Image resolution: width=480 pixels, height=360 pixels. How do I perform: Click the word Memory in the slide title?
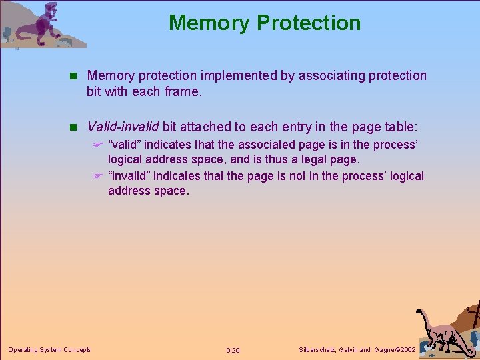click(209, 23)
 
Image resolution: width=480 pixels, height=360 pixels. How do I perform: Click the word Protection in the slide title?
click(308, 23)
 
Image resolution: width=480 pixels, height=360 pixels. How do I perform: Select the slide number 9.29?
click(233, 350)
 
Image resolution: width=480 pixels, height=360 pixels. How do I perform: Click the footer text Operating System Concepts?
click(49, 349)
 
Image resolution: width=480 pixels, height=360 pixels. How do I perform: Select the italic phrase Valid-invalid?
click(123, 127)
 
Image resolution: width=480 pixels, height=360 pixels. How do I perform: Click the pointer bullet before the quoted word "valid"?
click(97, 145)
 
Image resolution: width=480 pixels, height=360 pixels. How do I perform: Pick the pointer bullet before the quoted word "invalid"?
click(97, 177)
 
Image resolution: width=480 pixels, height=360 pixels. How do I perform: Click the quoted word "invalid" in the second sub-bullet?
click(129, 176)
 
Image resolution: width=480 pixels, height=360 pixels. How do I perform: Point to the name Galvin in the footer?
click(347, 349)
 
